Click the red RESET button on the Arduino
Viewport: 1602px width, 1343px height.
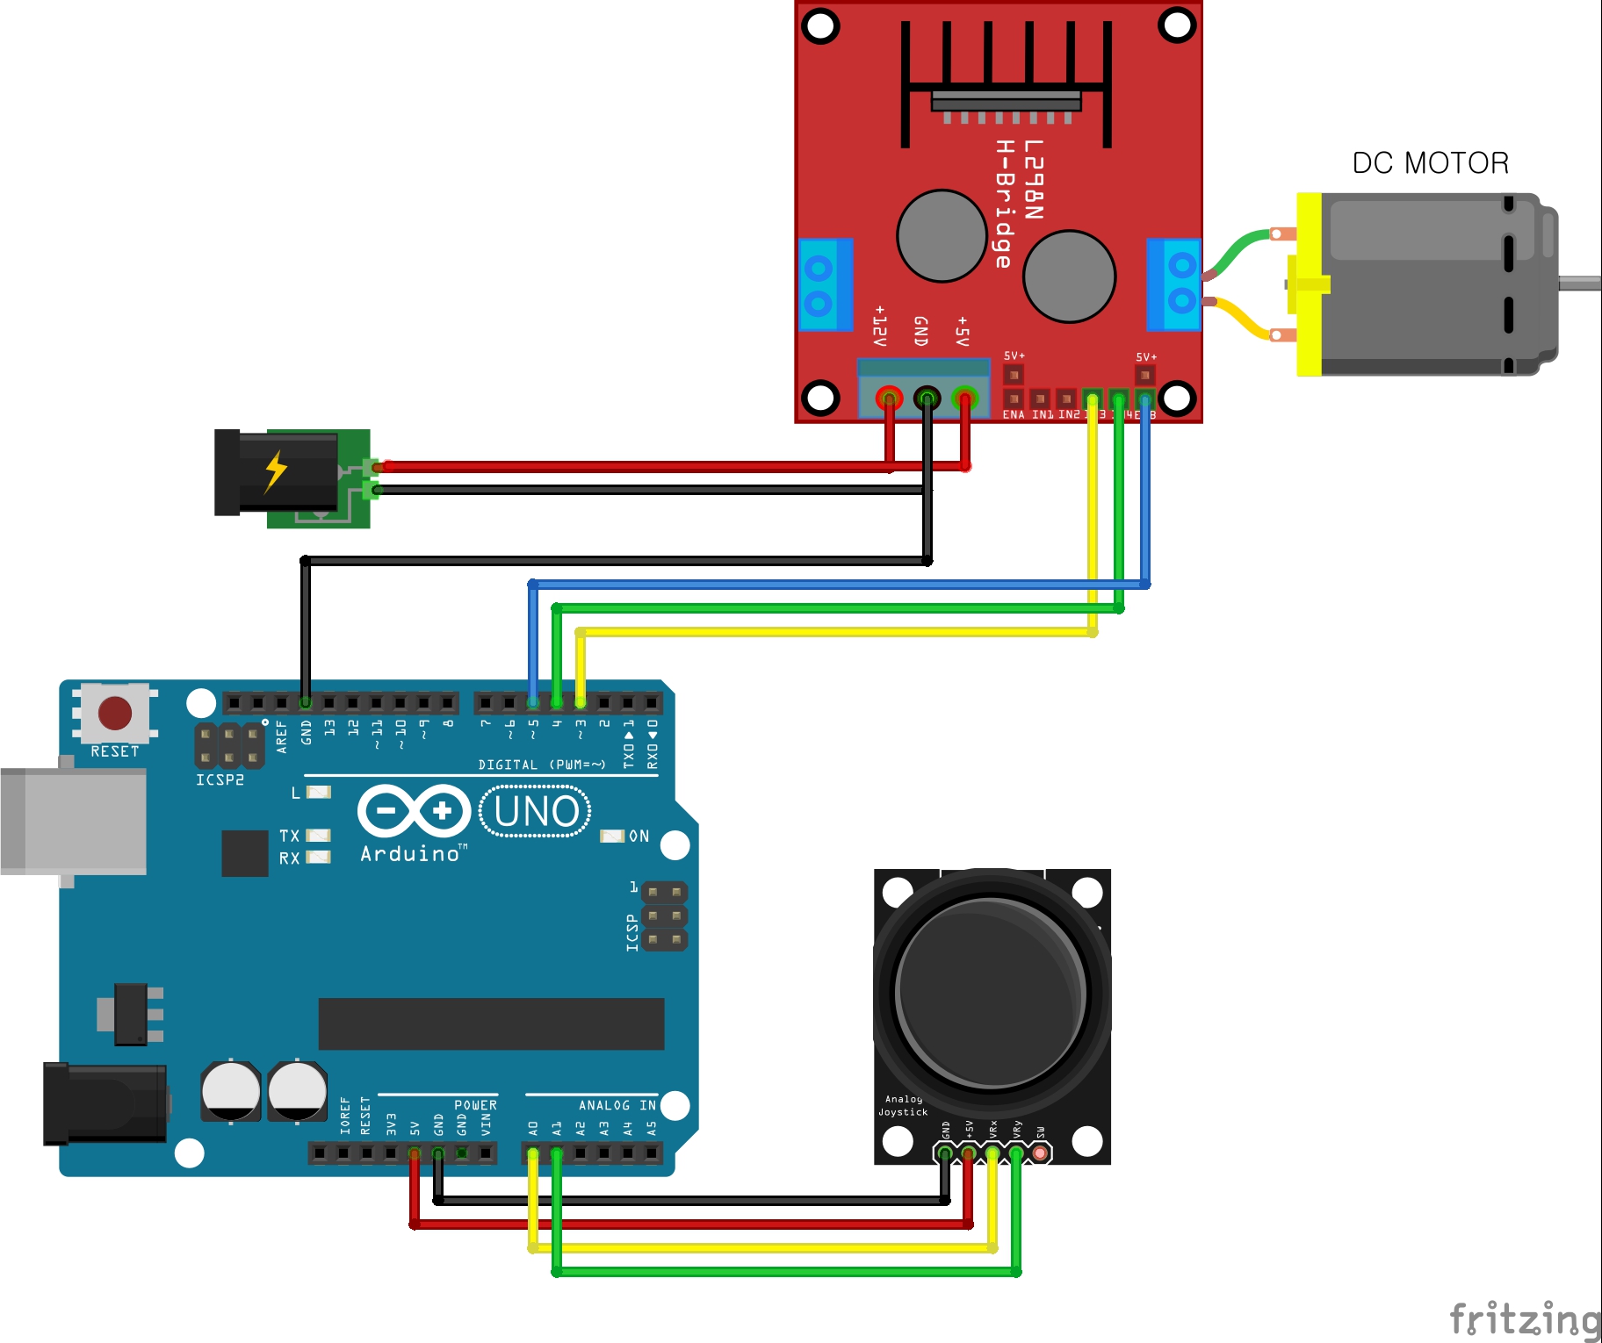(115, 713)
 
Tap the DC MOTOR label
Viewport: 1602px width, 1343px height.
(1430, 163)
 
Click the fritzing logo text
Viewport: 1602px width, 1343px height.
(1525, 1319)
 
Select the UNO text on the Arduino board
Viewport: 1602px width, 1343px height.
(536, 812)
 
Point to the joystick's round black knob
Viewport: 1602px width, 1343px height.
(991, 992)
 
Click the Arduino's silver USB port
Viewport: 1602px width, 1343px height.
(74, 821)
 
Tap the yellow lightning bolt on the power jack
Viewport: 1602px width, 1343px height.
(276, 470)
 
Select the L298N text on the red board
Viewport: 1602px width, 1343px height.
(1034, 179)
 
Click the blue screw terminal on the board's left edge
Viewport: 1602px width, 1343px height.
(824, 284)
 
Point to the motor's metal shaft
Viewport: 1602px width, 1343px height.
(1579, 283)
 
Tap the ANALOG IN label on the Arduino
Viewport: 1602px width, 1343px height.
(617, 1105)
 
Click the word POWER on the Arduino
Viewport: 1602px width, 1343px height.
(475, 1105)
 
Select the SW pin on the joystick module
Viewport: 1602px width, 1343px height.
(1040, 1153)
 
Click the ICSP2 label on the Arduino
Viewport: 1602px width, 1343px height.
(220, 780)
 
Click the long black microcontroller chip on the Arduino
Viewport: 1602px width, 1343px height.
(491, 1023)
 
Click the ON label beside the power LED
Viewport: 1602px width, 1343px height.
(639, 837)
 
